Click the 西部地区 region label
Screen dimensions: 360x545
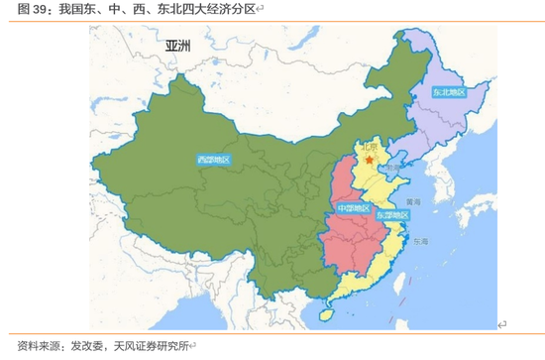coord(213,160)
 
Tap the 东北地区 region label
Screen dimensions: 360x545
coord(447,92)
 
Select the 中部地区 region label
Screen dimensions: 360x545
coord(352,208)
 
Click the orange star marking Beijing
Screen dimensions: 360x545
coord(370,159)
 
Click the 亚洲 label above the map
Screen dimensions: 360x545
coord(178,47)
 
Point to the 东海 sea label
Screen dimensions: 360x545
coord(421,241)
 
